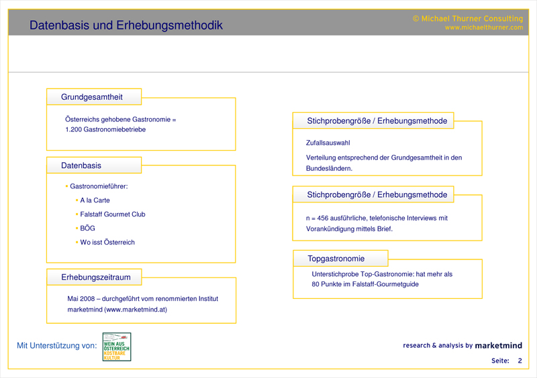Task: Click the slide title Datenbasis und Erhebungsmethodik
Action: (126, 25)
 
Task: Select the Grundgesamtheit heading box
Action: (93, 97)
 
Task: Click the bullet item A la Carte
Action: (95, 200)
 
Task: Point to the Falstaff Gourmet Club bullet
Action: (113, 214)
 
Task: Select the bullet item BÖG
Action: (87, 229)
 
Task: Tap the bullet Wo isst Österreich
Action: (107, 243)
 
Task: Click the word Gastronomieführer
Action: (99, 186)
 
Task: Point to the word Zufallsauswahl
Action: (328, 143)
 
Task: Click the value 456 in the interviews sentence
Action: (324, 218)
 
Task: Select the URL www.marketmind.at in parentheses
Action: (137, 310)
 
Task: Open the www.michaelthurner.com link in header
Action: (483, 28)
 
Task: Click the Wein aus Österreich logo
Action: (117, 346)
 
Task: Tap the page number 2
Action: (519, 361)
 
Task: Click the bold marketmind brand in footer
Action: (498, 346)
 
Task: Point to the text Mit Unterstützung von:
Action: (56, 346)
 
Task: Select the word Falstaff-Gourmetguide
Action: (383, 284)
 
